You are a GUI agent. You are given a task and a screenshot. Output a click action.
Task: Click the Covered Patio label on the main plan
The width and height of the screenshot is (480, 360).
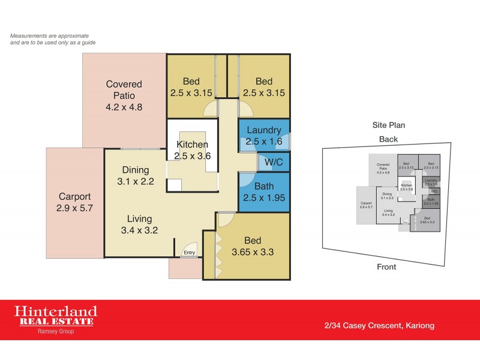pos(124,96)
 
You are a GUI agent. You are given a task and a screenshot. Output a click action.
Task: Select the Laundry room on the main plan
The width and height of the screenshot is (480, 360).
pos(263,136)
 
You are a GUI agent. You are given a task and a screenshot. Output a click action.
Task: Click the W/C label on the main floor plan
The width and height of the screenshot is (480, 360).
pos(274,162)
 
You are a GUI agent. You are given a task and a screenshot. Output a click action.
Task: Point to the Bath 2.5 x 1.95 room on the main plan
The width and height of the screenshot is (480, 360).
pos(263,191)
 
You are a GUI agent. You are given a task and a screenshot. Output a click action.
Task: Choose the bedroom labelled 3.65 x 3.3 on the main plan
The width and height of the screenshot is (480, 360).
pos(252,246)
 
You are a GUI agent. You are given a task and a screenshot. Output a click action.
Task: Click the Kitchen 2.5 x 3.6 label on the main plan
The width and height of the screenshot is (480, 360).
pos(192,150)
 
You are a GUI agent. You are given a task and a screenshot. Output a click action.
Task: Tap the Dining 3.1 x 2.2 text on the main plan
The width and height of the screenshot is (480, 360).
pos(135,175)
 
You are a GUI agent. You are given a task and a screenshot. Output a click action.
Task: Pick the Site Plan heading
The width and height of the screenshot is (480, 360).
pos(388,125)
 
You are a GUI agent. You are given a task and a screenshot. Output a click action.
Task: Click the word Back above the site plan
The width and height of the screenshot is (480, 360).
pos(388,139)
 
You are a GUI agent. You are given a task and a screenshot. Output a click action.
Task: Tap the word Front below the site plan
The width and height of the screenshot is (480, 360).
pos(386,267)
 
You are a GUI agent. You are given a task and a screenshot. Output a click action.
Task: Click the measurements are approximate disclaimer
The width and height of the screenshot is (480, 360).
pos(53,39)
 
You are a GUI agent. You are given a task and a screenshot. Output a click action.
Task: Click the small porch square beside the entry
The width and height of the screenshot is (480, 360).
pos(185,268)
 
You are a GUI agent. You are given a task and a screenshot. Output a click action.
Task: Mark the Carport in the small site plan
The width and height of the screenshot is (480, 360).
pos(365,205)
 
